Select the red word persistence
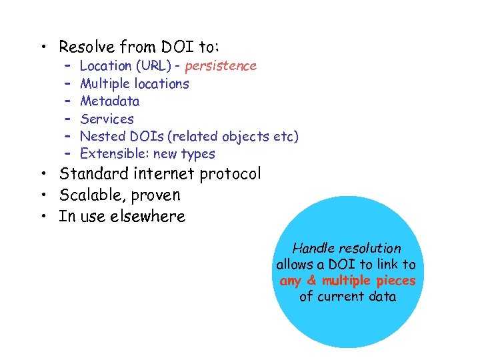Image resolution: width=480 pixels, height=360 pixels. click(x=221, y=65)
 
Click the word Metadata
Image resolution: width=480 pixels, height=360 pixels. click(x=109, y=101)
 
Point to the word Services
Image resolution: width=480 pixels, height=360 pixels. click(x=107, y=119)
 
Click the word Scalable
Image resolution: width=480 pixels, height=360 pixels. click(x=87, y=195)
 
